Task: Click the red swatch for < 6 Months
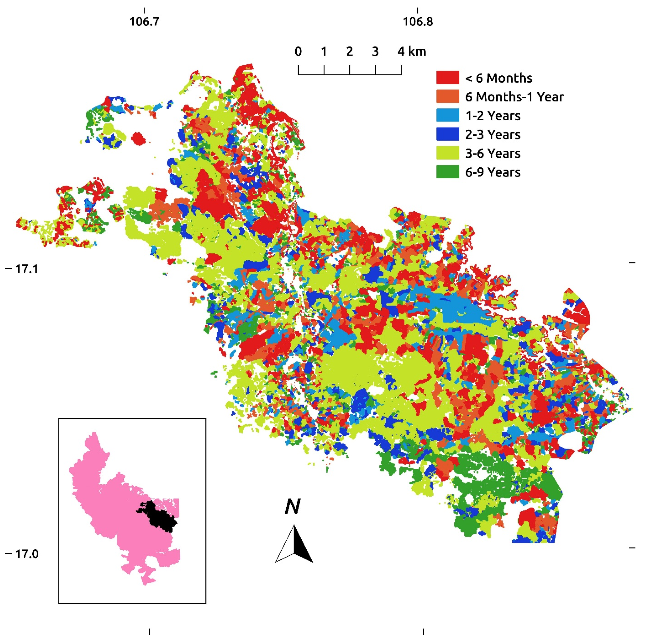447,77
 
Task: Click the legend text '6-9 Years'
493,172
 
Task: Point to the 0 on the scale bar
298,52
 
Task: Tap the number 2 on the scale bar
349,52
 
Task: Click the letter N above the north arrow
292,507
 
